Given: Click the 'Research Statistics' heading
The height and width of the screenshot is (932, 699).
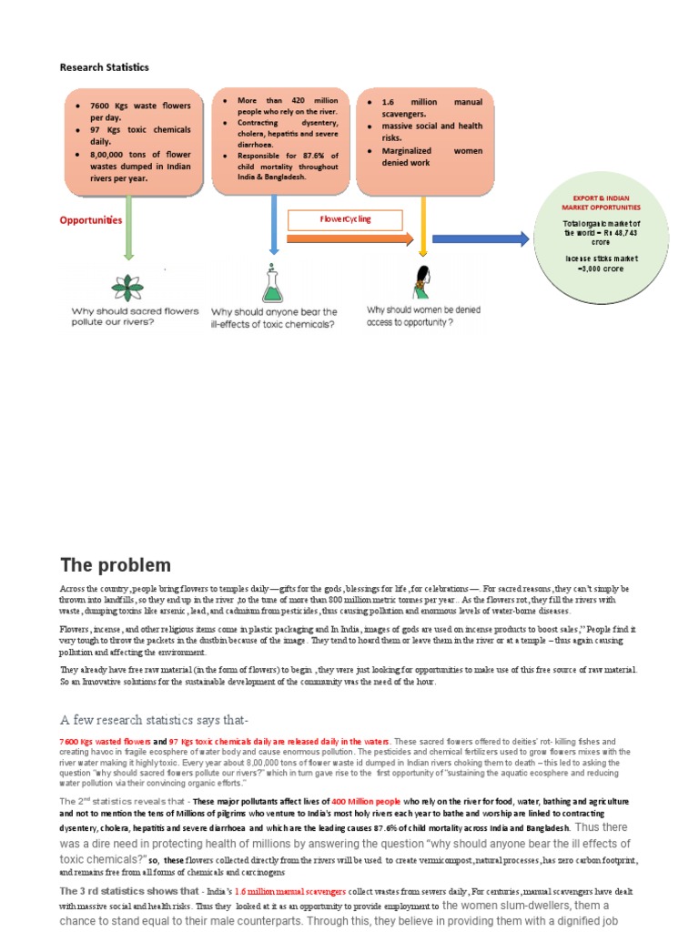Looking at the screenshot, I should coord(104,67).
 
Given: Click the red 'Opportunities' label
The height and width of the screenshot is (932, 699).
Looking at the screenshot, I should coord(90,220).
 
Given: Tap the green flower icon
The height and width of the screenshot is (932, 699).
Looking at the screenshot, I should coord(127,286).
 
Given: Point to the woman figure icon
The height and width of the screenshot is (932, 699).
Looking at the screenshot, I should coord(422,283).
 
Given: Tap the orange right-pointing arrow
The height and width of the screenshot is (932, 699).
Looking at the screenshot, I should coord(350,239).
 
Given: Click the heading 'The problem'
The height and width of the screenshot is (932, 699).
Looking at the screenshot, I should coord(115,565).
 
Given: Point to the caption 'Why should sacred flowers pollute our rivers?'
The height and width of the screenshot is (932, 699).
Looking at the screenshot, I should coord(135,317).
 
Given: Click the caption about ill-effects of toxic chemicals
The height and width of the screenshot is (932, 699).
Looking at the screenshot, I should coord(274,317).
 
